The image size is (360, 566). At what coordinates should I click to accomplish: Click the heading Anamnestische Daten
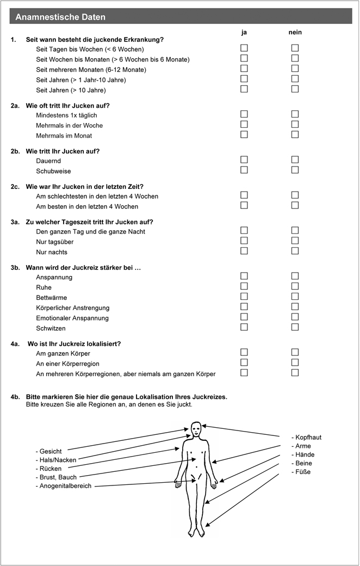(60, 17)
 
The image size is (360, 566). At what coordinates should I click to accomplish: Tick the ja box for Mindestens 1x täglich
(244, 114)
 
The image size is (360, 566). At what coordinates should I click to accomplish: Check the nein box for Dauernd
(295, 160)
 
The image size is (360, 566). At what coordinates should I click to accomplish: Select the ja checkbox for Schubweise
(244, 170)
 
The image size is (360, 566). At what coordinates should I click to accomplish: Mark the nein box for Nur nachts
(295, 251)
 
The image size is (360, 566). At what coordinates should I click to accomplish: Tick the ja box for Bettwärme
(244, 297)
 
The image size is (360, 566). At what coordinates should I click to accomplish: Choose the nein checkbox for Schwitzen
(295, 327)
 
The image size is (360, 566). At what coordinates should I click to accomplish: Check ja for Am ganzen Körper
(244, 353)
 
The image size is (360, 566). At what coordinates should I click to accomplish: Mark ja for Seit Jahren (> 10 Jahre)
(244, 89)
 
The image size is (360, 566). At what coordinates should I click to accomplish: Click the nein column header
(295, 33)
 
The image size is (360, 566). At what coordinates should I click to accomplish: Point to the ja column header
(244, 33)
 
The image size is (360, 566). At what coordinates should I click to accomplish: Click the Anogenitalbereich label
(65, 486)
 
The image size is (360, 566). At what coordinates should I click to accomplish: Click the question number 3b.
(15, 267)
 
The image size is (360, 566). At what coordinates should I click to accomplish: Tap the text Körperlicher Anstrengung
(72, 307)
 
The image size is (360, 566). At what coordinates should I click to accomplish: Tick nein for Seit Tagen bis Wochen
(295, 48)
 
